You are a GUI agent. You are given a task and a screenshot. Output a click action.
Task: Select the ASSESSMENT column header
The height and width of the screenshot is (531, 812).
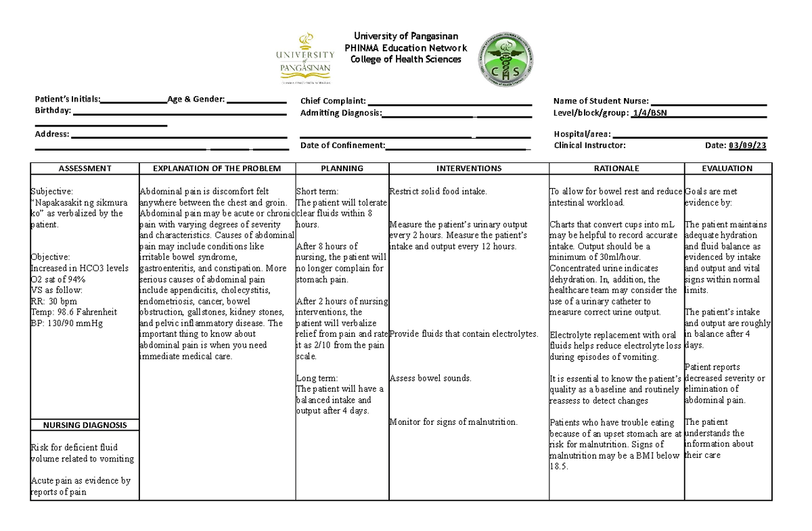(85, 168)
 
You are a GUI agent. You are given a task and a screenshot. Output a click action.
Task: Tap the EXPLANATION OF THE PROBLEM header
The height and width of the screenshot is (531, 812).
(217, 168)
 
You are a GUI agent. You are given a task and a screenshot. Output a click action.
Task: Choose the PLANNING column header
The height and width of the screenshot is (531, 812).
(342, 168)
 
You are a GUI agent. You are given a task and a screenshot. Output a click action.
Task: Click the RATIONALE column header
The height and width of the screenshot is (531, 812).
(616, 168)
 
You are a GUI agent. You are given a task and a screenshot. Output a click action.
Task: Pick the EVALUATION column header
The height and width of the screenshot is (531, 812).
(728, 168)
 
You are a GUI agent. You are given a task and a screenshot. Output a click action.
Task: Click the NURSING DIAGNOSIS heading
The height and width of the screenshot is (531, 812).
(85, 425)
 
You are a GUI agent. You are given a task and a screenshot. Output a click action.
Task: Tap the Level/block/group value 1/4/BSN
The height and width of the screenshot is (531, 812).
(648, 113)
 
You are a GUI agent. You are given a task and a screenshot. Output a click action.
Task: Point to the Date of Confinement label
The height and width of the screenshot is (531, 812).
(342, 145)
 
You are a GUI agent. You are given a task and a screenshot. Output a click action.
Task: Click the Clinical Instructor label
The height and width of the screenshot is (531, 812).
(589, 145)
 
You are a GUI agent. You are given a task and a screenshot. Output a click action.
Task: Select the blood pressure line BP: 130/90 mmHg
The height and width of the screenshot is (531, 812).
(66, 323)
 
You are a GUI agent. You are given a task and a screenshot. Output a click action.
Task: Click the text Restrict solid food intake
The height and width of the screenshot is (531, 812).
(438, 191)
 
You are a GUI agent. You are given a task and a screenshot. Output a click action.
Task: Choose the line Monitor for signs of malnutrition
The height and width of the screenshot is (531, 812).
(453, 422)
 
